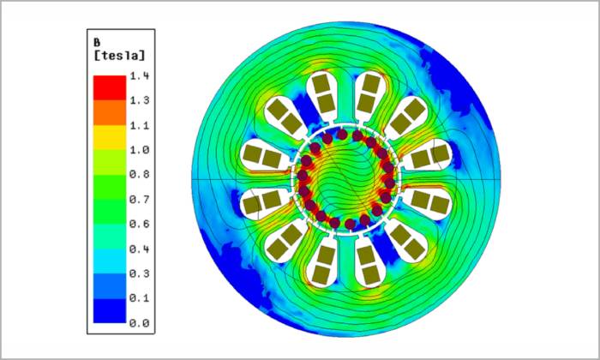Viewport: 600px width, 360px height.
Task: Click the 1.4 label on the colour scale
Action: coord(139,76)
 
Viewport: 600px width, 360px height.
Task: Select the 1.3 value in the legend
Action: coord(139,100)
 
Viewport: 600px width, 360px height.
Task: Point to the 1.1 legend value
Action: coord(139,125)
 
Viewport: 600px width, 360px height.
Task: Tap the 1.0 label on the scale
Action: coord(139,150)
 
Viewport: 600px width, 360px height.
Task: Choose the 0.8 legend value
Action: coord(139,175)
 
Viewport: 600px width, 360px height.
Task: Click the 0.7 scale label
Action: coord(139,200)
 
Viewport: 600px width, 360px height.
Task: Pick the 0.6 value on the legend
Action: coord(139,224)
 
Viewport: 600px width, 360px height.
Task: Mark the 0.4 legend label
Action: coord(139,249)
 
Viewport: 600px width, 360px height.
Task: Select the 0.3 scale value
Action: coord(139,273)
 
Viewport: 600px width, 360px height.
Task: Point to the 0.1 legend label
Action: coord(139,298)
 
